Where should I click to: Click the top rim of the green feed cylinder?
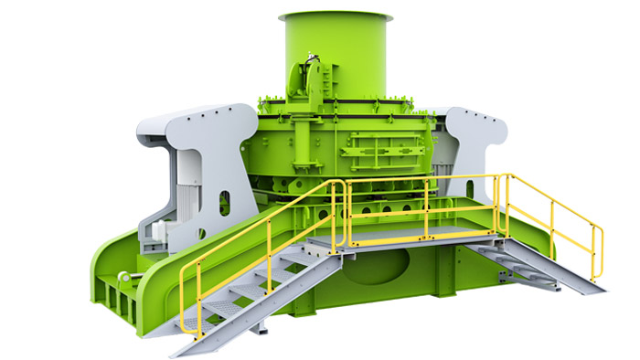tap(335, 17)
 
